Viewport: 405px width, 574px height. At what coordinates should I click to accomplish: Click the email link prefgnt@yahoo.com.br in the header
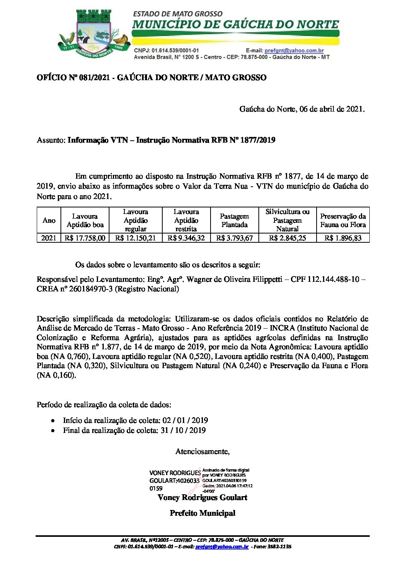pyautogui.click(x=294, y=51)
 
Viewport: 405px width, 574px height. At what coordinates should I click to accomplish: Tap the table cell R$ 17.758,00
pyautogui.click(x=85, y=238)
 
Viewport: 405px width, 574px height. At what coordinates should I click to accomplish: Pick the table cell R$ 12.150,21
pyautogui.click(x=136, y=238)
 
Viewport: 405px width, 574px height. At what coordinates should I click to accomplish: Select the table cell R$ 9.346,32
pyautogui.click(x=186, y=238)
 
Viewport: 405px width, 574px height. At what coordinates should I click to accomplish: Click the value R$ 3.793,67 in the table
pyautogui.click(x=234, y=238)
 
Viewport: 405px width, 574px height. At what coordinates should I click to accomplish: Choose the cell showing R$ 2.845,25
pyautogui.click(x=287, y=238)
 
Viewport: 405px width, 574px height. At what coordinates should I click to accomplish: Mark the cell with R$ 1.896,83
pyautogui.click(x=343, y=238)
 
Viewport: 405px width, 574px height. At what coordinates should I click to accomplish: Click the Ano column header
pyautogui.click(x=49, y=220)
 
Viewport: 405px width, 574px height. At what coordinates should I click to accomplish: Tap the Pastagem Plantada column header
pyautogui.click(x=234, y=220)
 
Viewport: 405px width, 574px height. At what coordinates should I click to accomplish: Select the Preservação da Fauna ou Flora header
pyautogui.click(x=343, y=220)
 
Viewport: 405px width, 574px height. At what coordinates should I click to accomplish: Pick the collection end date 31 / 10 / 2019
pyautogui.click(x=183, y=430)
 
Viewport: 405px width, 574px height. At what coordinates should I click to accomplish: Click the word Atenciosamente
pyautogui.click(x=202, y=452)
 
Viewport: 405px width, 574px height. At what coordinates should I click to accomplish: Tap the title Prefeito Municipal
pyautogui.click(x=202, y=513)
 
